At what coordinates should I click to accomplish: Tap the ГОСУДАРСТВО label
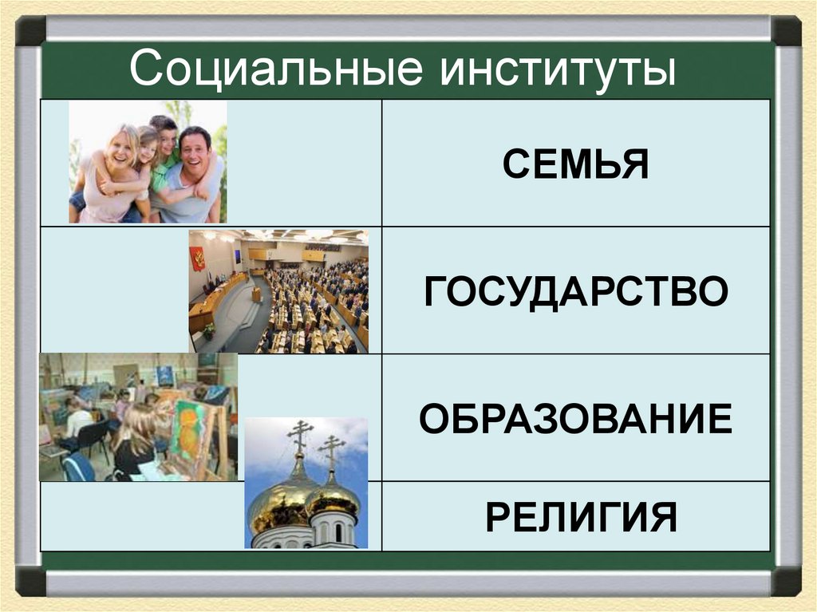576,291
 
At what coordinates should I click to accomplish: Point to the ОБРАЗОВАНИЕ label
576,419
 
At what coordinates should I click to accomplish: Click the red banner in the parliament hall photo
197,259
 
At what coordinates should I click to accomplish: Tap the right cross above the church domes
331,450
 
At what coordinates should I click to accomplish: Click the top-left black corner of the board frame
30,31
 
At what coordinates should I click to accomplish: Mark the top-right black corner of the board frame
786,31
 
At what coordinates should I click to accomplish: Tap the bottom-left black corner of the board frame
30,581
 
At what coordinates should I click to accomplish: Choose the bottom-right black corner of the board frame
786,581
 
